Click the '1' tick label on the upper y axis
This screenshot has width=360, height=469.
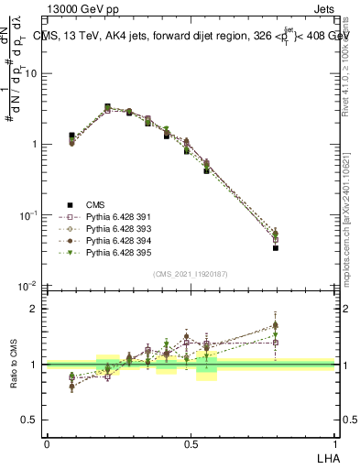click(x=36, y=145)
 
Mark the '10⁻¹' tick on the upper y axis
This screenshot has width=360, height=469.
click(x=29, y=215)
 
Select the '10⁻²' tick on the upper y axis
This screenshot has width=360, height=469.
click(x=29, y=286)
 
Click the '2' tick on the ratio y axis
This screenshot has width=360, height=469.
click(x=36, y=309)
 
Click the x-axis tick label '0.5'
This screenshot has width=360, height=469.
click(x=191, y=444)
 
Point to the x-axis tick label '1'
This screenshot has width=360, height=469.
click(x=333, y=444)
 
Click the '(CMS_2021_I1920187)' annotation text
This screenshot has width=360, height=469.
click(x=191, y=274)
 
